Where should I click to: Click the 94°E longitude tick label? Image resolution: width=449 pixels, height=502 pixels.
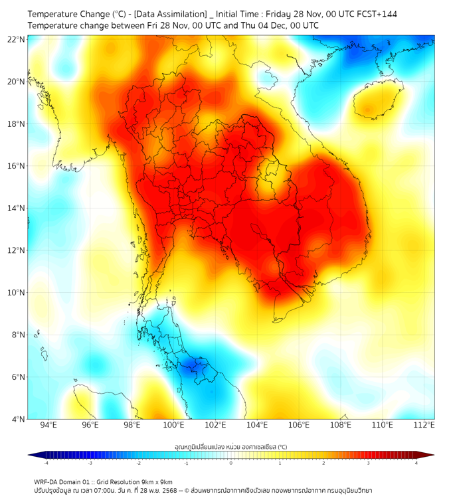48,425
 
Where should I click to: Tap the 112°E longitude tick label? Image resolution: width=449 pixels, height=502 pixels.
424,425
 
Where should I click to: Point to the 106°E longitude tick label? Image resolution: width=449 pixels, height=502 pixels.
299,425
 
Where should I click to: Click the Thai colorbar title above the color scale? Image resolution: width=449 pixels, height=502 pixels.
230,446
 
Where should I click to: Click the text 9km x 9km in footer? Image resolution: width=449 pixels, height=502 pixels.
157,481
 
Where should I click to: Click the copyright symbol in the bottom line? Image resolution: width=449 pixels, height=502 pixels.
187,491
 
